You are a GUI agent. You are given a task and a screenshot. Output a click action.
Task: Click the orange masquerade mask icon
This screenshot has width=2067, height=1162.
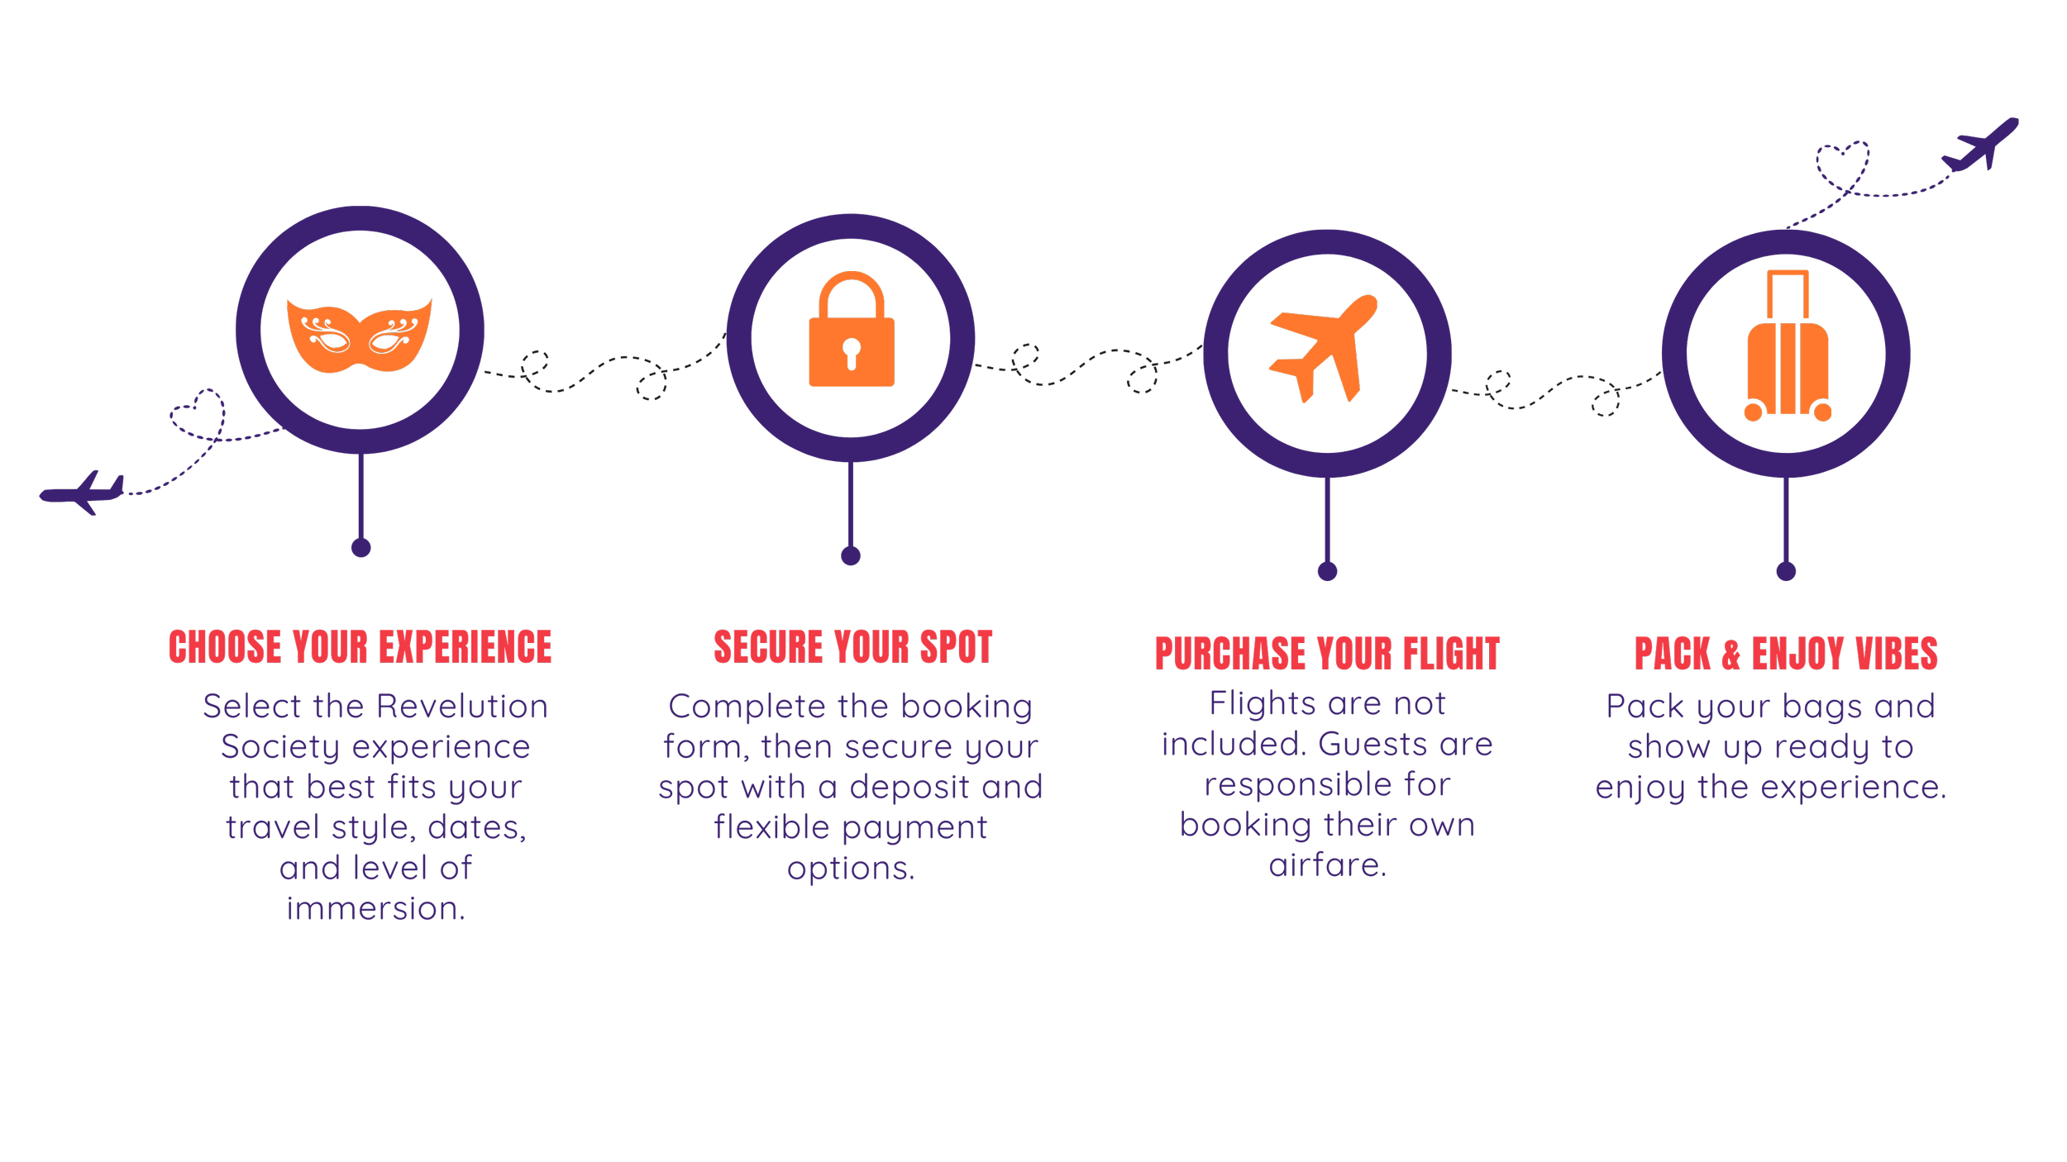359,335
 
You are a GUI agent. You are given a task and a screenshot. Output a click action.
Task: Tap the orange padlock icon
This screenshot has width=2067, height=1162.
851,331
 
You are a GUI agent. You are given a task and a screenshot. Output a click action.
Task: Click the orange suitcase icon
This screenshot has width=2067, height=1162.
1787,347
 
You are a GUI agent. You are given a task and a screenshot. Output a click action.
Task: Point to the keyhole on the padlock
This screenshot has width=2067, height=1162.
851,351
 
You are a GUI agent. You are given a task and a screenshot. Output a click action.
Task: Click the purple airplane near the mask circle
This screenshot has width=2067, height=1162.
83,493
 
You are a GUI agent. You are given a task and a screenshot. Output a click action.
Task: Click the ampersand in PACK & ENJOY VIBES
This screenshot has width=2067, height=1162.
1730,655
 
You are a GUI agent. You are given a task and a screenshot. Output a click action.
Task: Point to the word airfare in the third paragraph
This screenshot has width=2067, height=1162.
1326,865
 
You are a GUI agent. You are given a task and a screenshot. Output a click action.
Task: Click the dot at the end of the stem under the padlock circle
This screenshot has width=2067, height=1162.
851,555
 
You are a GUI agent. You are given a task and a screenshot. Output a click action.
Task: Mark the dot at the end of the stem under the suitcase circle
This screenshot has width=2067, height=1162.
1786,571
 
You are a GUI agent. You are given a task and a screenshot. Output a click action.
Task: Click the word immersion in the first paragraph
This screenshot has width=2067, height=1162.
375,908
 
